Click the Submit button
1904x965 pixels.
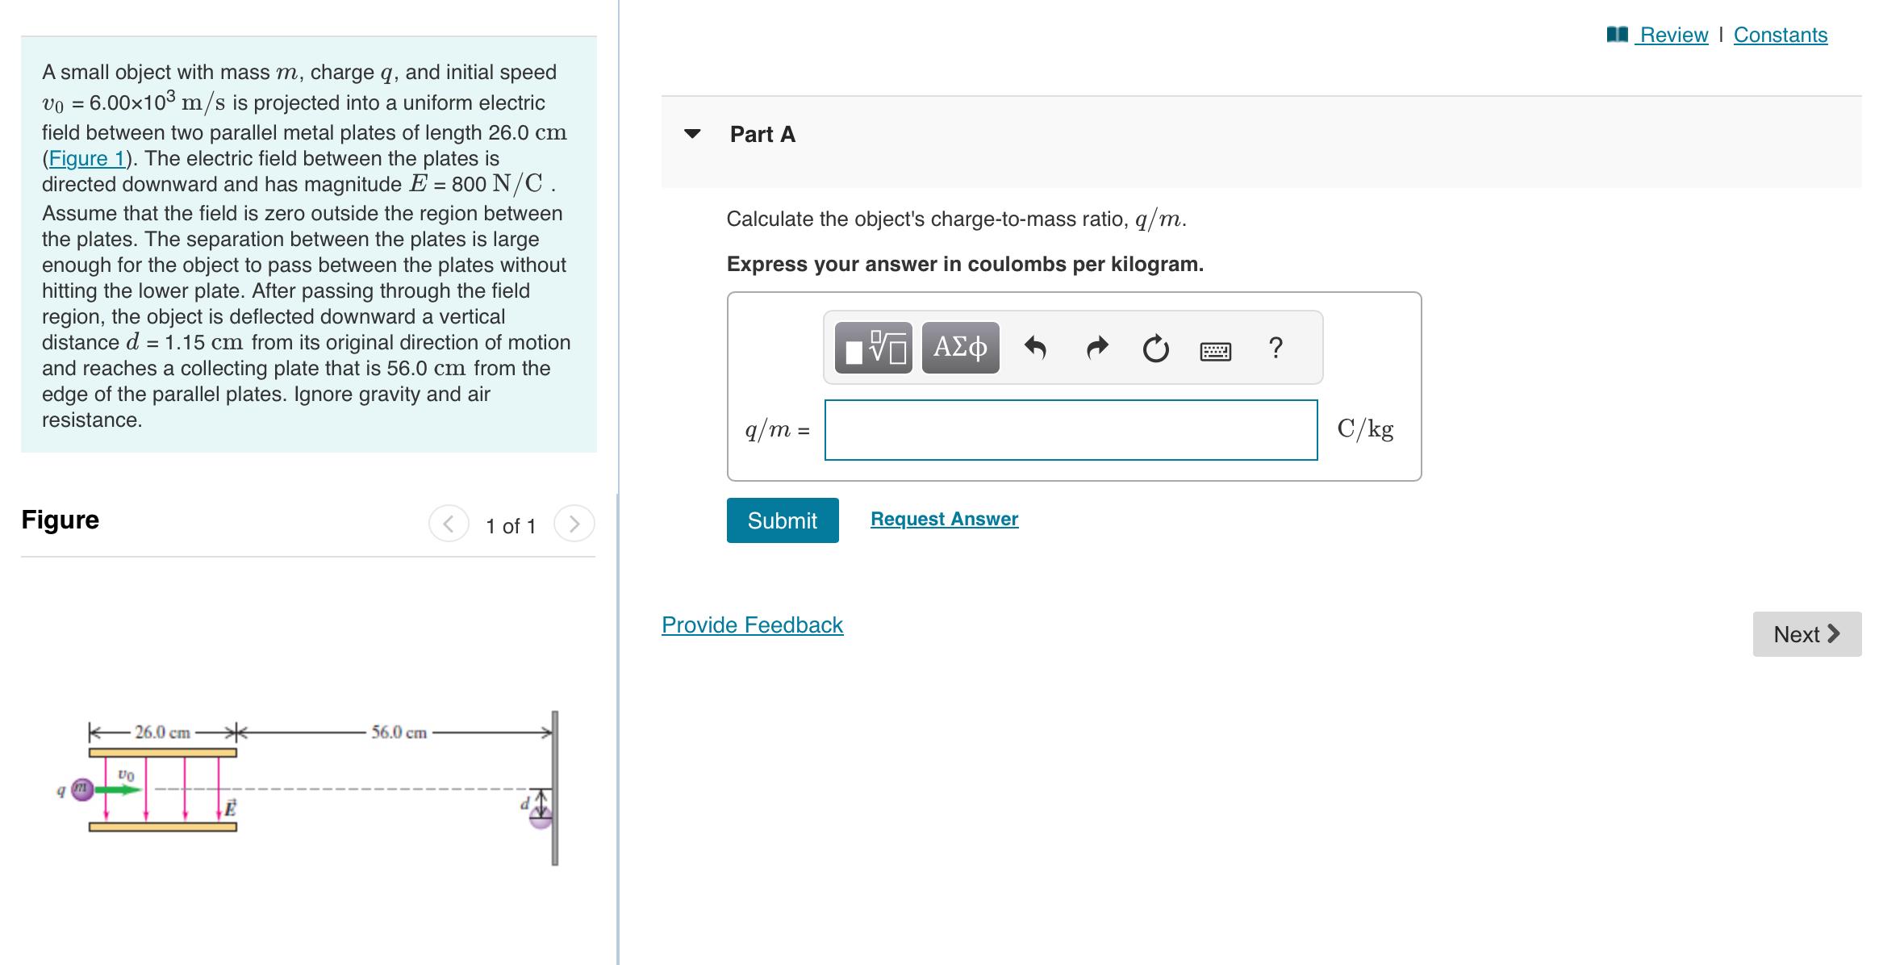(782, 520)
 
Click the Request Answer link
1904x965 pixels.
(944, 519)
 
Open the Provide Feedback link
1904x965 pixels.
(752, 625)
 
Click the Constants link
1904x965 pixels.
(1780, 35)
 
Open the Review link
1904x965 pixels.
(1673, 35)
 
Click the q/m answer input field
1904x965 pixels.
(1071, 430)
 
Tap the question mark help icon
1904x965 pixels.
(1275, 348)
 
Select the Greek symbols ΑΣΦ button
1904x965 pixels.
(960, 348)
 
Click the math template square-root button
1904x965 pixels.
(874, 348)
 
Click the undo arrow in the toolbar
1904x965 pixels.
(1035, 348)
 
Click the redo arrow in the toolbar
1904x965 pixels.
(1096, 348)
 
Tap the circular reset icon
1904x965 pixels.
(1155, 349)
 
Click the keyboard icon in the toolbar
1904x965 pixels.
(1215, 351)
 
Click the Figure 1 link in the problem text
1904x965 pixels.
(87, 158)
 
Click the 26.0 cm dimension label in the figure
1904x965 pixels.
(162, 733)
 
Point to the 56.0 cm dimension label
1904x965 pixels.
(399, 733)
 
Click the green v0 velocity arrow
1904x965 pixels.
(119, 790)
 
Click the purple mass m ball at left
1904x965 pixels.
(81, 789)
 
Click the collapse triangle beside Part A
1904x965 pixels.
(692, 134)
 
